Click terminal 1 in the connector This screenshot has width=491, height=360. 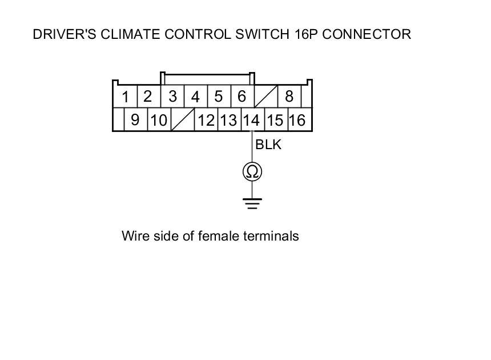click(x=125, y=97)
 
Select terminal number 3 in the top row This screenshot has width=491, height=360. click(x=172, y=97)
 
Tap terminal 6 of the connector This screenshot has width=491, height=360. click(x=242, y=97)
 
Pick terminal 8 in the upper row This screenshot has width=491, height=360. click(x=289, y=97)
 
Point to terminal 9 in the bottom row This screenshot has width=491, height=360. click(x=135, y=120)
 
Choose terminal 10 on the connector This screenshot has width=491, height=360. click(x=159, y=120)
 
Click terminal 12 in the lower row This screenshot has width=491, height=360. click(x=206, y=120)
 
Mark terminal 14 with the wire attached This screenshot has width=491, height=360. click(x=251, y=120)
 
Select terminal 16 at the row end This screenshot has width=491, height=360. click(x=297, y=120)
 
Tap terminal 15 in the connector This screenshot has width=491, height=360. click(x=275, y=120)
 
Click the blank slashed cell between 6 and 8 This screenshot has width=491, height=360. click(x=265, y=97)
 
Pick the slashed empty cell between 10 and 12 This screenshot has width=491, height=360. click(x=183, y=120)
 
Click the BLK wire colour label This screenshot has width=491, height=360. click(x=268, y=145)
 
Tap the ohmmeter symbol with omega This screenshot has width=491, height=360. click(x=252, y=171)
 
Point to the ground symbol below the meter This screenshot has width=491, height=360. click(x=252, y=203)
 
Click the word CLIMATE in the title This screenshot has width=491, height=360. click(x=131, y=34)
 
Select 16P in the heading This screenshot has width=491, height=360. click(x=310, y=34)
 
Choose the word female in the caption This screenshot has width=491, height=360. click(x=219, y=236)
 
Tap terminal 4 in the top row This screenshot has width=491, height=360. click(x=195, y=97)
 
